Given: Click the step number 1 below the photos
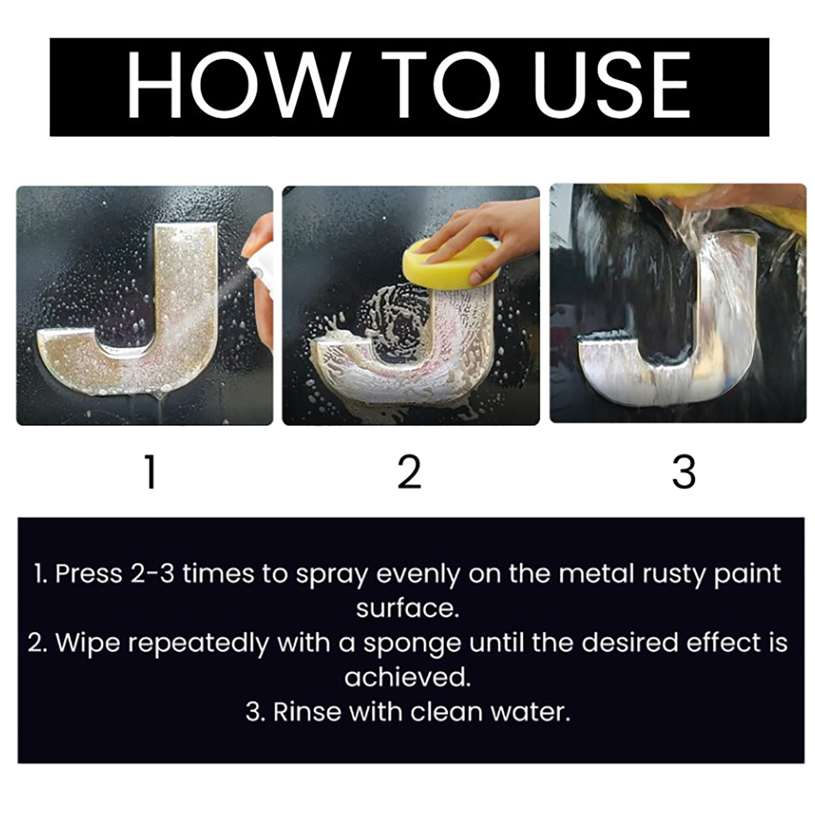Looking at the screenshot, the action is [150, 472].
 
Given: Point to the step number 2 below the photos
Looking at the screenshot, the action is [410, 472].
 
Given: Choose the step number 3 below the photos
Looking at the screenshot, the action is [684, 472].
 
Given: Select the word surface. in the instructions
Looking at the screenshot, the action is [407, 609].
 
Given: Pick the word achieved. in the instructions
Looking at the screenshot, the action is [407, 677].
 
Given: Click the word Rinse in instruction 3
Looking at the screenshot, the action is [307, 712].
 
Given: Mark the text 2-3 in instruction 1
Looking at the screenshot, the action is [153, 574].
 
